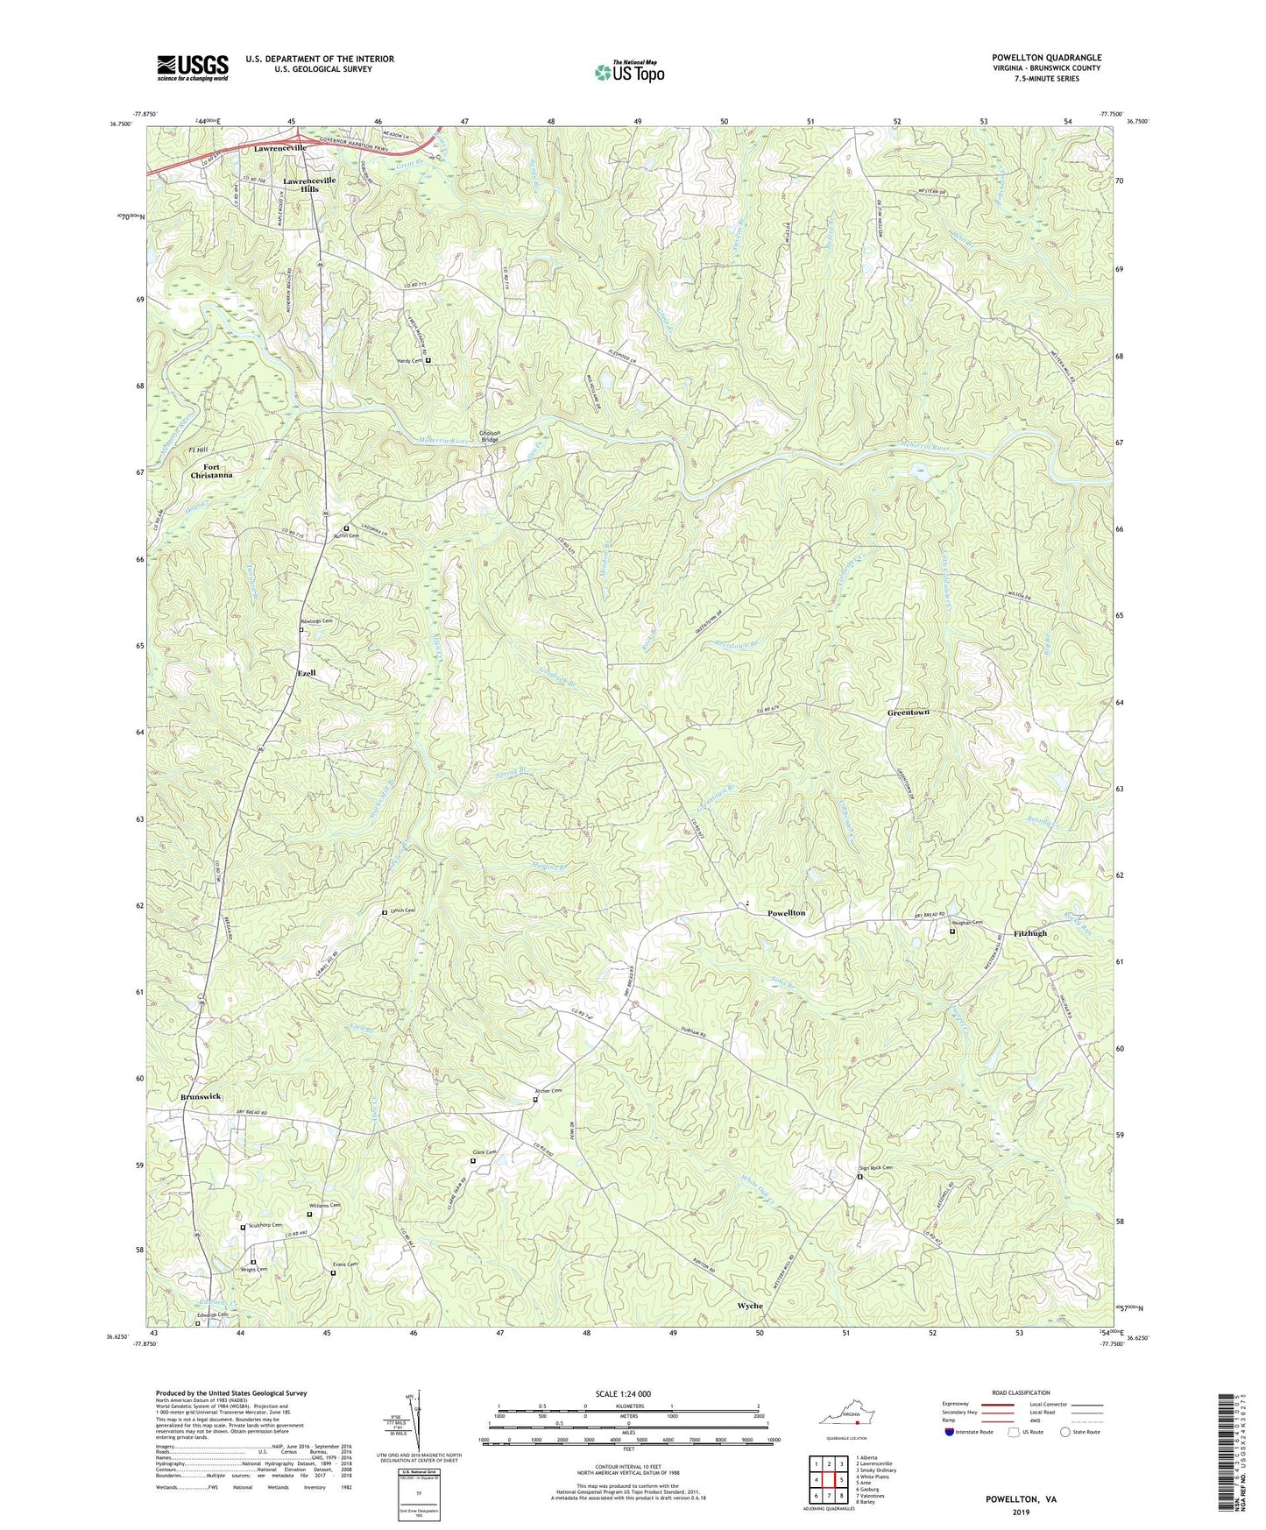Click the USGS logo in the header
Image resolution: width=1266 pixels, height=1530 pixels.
tap(192, 67)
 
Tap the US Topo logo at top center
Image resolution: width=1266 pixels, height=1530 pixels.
tap(629, 72)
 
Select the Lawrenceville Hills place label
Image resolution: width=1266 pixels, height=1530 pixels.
tap(309, 184)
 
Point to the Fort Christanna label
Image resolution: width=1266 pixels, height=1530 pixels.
tap(212, 471)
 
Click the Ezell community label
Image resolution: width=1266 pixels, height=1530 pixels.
tap(307, 673)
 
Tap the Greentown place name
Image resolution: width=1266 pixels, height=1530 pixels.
tap(908, 712)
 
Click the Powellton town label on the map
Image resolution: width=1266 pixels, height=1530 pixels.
tap(786, 913)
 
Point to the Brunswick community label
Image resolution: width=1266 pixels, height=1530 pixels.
tap(201, 1097)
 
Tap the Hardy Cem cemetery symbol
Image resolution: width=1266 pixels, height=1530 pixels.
tap(428, 360)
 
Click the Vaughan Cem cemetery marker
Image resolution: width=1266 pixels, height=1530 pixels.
tap(952, 931)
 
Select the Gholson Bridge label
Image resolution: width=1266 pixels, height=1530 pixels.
tap(489, 436)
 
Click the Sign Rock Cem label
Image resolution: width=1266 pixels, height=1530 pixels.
tap(875, 1168)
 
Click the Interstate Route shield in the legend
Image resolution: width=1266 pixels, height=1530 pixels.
tap(950, 1431)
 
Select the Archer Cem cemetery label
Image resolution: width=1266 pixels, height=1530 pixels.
tap(548, 1091)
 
